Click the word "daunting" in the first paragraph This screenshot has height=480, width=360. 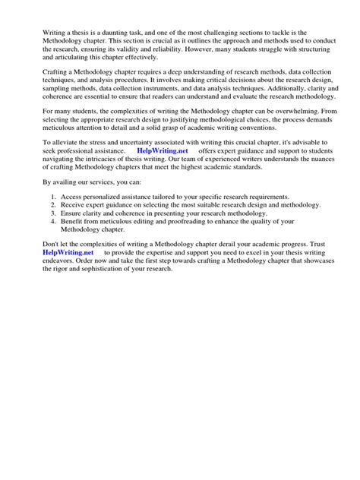click(113, 33)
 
